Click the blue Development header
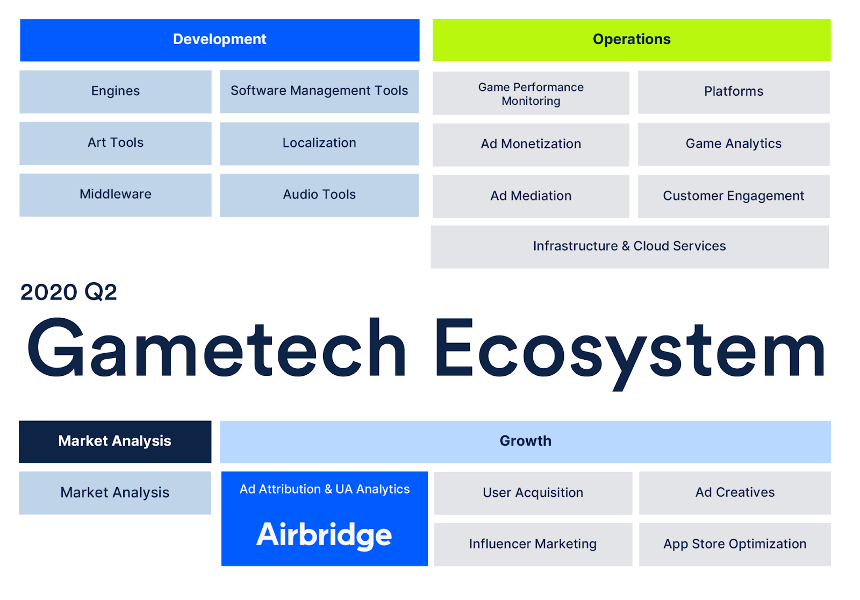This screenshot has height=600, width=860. (220, 40)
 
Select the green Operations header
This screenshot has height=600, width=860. (632, 40)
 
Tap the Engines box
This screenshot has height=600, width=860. (116, 91)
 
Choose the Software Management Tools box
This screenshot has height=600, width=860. (319, 91)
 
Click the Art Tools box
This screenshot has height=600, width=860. (116, 143)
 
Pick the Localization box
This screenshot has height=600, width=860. (319, 144)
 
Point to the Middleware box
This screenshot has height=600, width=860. (116, 195)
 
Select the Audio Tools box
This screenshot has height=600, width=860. (319, 195)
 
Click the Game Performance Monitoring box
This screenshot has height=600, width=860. (531, 93)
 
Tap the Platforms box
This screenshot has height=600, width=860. (734, 92)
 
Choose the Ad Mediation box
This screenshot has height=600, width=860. (531, 196)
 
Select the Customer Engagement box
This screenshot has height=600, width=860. (734, 196)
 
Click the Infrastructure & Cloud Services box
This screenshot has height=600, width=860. (629, 247)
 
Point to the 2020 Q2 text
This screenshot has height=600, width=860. (68, 292)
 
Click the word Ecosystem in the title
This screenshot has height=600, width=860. (629, 354)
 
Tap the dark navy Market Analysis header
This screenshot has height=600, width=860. (115, 442)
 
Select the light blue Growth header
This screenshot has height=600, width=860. (525, 442)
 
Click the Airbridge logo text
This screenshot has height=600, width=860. (324, 535)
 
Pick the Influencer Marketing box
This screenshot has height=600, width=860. (533, 544)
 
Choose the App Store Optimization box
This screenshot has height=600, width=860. (735, 544)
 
